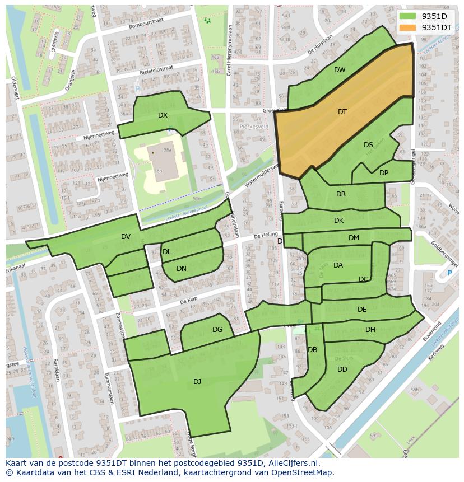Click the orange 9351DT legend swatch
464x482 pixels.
tap(408, 27)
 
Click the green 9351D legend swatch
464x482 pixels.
tap(408, 16)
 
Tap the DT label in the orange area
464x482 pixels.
tap(342, 112)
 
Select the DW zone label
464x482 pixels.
tap(340, 70)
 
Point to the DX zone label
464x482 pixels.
tap(163, 115)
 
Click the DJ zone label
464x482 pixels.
tap(197, 382)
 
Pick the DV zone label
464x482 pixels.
tap(126, 237)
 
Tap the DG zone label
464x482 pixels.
tap(217, 330)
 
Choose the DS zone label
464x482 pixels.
tap(368, 145)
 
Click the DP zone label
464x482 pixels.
tap(384, 173)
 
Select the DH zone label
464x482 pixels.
tap(370, 330)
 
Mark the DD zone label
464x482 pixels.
tap(342, 369)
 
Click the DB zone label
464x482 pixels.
tap(313, 350)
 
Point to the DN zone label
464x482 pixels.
tap(182, 269)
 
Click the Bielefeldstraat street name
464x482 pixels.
tap(156, 66)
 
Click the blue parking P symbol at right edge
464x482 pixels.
tap(449, 273)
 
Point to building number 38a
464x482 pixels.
tap(166, 150)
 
